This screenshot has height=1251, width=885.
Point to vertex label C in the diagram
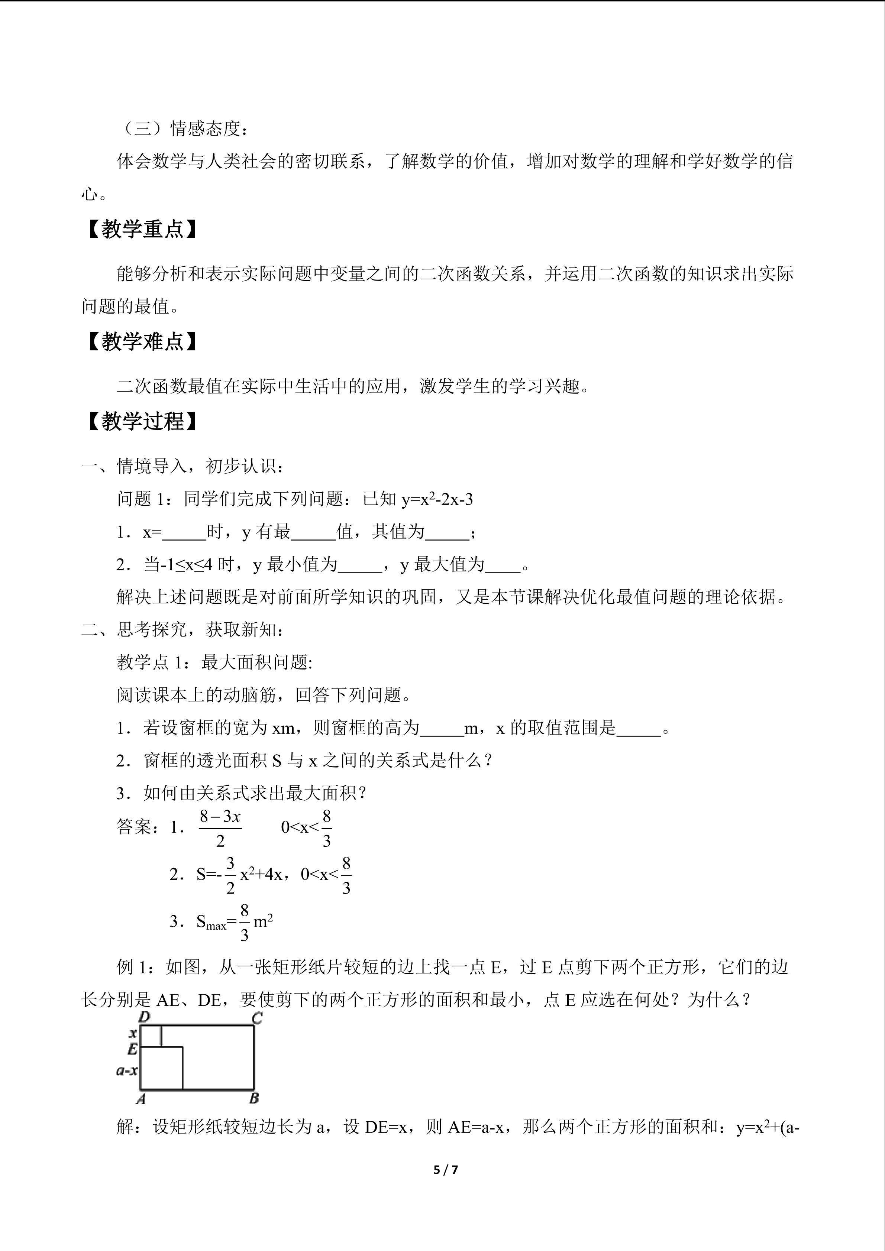(257, 1018)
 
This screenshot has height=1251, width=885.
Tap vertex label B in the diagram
(254, 1098)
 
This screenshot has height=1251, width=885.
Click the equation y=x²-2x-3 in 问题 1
(437, 499)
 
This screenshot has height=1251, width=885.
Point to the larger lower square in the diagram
(161, 1069)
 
